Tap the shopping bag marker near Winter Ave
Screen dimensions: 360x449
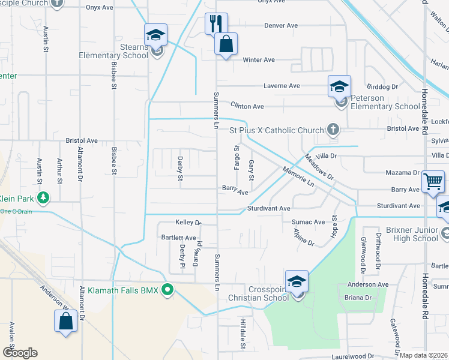click(x=226, y=44)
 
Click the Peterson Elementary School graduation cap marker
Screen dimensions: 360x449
click(x=339, y=86)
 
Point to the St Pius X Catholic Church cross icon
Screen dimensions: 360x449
click(x=333, y=129)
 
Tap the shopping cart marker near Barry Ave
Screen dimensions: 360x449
click(x=433, y=181)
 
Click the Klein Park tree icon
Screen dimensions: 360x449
click(x=43, y=197)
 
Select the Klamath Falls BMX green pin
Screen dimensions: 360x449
click(x=169, y=290)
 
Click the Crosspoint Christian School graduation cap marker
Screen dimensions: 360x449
click(x=297, y=281)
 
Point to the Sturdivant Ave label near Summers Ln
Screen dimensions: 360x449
click(x=268, y=208)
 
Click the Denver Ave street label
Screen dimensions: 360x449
click(x=282, y=26)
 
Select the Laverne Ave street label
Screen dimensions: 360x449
click(x=282, y=86)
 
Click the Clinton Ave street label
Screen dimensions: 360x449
click(x=247, y=106)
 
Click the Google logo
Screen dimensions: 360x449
click(x=20, y=352)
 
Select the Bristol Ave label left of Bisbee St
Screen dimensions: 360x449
click(x=82, y=140)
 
